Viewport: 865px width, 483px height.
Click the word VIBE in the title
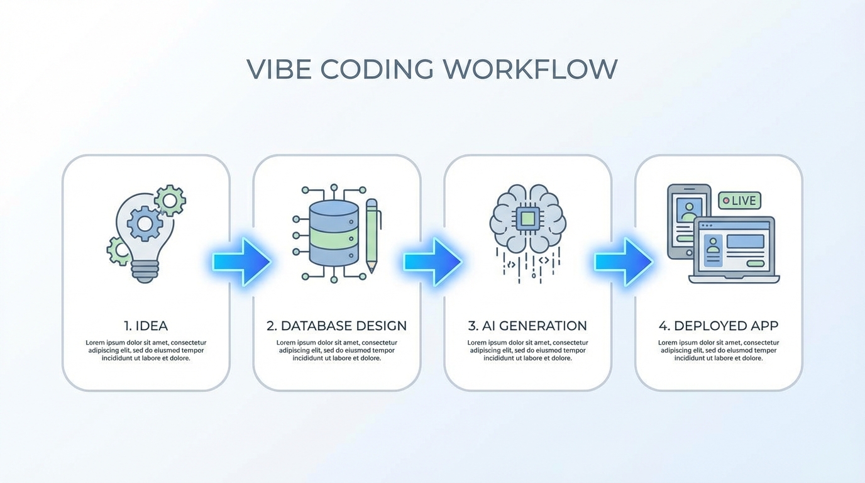[x=277, y=69]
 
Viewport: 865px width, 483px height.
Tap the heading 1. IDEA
[x=146, y=326]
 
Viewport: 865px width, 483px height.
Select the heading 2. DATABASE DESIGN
[x=336, y=326]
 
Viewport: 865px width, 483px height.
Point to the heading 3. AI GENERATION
[x=527, y=326]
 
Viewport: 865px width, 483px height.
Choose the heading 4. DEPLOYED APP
[x=719, y=326]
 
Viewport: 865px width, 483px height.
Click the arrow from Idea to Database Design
[x=241, y=261]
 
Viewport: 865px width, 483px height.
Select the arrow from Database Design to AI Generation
[x=432, y=261]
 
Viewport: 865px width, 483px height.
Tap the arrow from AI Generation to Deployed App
[x=623, y=261]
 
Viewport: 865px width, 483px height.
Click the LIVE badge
[x=740, y=201]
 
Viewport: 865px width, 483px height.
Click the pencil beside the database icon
[x=372, y=236]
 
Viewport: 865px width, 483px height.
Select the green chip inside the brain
[x=528, y=219]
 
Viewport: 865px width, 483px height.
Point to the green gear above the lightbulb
[x=170, y=201]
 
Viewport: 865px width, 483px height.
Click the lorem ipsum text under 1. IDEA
[x=146, y=350]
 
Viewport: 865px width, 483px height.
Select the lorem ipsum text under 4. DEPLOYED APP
[x=719, y=350]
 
